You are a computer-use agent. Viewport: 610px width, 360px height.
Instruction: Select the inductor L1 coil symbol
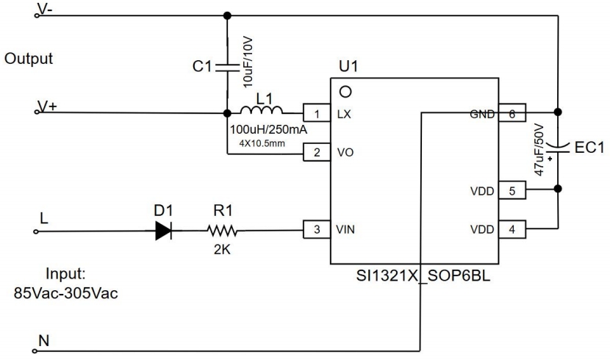pyautogui.click(x=262, y=112)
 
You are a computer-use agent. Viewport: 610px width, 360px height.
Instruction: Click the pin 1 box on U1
pyautogui.click(x=317, y=113)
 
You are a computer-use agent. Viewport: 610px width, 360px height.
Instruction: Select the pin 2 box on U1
pyautogui.click(x=317, y=154)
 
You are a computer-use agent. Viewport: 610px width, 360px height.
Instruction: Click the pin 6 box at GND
pyautogui.click(x=512, y=113)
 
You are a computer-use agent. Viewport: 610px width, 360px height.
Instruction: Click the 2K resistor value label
pyautogui.click(x=221, y=248)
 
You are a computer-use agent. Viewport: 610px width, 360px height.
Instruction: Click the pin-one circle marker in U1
pyautogui.click(x=343, y=91)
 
